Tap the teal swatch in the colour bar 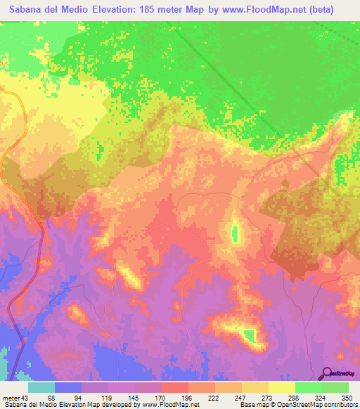41,387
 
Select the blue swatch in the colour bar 68,387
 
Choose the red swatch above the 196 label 174,387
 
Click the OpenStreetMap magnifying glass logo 327,373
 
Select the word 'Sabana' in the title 23,9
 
